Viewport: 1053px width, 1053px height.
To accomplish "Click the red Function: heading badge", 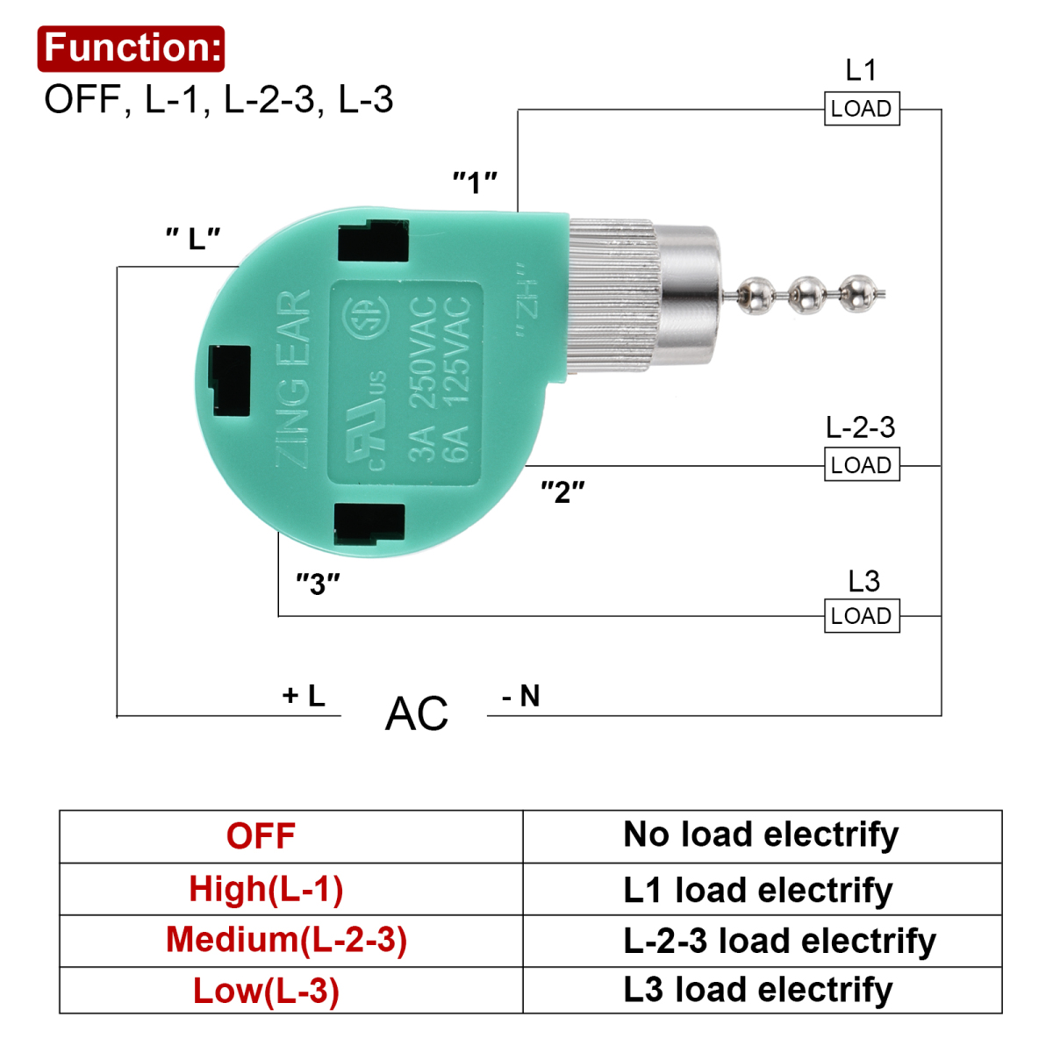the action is pos(131,48).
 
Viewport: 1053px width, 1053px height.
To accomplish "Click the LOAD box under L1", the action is pos(862,108).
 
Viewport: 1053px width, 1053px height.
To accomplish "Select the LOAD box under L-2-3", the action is pos(862,464).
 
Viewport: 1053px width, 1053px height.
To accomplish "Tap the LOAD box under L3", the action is pos(862,616).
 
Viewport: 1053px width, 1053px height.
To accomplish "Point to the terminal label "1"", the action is pos(475,182).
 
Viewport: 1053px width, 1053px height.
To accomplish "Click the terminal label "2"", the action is pos(562,491).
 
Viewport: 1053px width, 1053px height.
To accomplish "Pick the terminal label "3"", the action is pos(318,584).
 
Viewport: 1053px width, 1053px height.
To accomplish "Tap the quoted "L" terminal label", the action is pos(193,239).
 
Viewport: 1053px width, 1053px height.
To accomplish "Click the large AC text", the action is pos(417,713).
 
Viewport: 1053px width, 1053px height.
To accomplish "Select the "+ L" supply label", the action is pos(304,696).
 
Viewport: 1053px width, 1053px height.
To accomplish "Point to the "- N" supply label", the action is pos(521,696).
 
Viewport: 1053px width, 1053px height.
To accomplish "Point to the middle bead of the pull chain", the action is pos(808,295).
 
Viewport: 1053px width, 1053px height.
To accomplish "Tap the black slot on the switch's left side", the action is pos(230,380).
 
